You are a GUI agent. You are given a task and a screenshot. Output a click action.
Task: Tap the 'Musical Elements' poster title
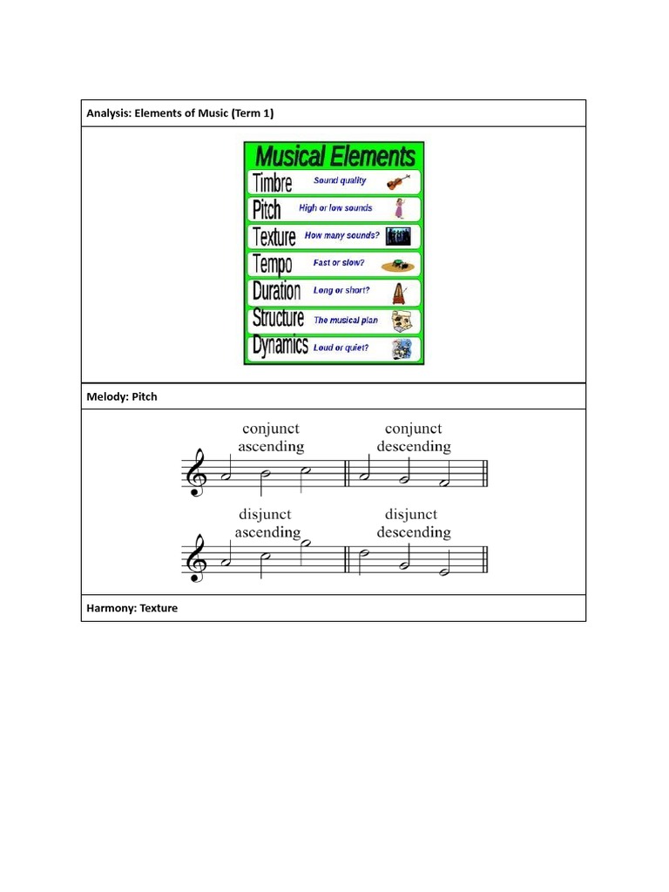tap(334, 156)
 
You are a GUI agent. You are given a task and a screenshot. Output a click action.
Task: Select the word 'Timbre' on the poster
tap(272, 183)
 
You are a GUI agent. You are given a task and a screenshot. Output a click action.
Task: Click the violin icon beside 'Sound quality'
tap(399, 182)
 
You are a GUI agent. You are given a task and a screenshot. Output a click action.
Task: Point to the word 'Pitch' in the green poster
tap(267, 210)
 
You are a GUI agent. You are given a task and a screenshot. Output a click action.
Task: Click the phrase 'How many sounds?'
tap(341, 235)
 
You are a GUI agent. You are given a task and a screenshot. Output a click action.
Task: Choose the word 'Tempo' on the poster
tap(272, 264)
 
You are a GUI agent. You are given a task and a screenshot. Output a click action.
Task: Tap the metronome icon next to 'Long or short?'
tap(400, 291)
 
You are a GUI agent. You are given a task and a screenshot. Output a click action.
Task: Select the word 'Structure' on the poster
tap(278, 319)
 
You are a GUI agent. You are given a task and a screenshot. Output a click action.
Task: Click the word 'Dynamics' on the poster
tap(280, 347)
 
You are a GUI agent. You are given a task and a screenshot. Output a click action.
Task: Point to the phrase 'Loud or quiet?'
tap(341, 348)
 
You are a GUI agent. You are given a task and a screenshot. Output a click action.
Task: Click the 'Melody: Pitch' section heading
tap(122, 396)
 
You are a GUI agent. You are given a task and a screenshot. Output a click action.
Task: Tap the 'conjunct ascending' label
tap(271, 437)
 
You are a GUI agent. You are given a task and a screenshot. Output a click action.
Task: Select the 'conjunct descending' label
tap(414, 437)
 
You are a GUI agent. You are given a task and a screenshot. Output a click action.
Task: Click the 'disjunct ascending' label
tap(268, 523)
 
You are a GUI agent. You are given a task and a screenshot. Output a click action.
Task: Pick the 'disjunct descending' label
tap(414, 523)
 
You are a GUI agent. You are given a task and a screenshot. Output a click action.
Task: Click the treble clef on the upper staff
tap(194, 472)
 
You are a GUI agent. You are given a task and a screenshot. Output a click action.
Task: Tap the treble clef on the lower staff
tap(194, 558)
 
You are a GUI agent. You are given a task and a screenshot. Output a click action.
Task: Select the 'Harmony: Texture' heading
tap(132, 608)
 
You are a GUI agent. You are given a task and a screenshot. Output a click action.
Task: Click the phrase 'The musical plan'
tap(346, 320)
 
